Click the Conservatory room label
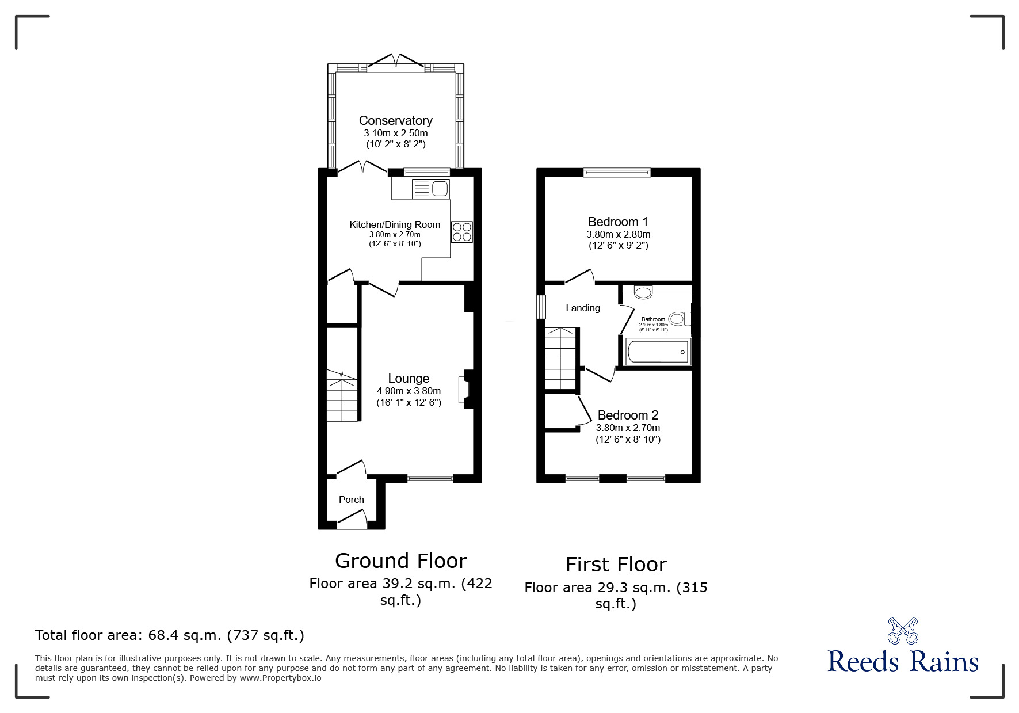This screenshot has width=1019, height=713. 395,121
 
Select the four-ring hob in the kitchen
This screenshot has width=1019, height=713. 462,232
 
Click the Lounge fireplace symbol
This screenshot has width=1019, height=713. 463,390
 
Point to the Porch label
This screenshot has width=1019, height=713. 351,500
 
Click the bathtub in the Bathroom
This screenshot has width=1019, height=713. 658,351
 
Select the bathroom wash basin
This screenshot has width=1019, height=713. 643,292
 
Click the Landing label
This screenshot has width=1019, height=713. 582,308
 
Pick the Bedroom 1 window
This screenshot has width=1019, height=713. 617,171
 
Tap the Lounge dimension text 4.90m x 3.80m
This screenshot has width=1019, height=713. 409,391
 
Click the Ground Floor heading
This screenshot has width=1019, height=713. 400,561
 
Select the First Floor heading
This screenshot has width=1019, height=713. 616,565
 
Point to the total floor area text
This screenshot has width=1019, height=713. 170,635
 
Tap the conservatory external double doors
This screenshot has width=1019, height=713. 395,63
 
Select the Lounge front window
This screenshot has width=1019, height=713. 430,478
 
